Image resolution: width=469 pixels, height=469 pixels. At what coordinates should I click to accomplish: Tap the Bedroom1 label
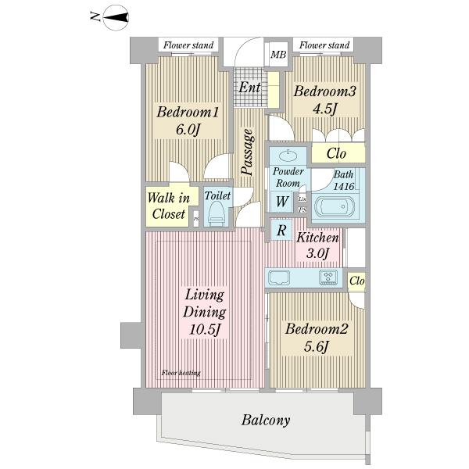point(188,121)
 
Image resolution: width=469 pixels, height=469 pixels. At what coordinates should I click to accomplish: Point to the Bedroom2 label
point(316,338)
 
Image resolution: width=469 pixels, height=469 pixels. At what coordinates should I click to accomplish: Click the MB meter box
point(277,55)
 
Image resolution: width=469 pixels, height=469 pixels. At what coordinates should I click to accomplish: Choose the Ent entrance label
point(249,87)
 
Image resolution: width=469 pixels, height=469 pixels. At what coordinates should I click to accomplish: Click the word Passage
point(247,153)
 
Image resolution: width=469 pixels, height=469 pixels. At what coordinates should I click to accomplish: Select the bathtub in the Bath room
point(335,209)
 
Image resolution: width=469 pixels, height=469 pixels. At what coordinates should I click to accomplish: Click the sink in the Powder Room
point(288,155)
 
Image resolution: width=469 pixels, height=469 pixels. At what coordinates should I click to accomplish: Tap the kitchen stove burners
point(327,277)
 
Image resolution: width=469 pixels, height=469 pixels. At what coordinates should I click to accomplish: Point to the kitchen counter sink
point(280,277)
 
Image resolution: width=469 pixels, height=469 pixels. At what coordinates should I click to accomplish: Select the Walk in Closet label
point(166,206)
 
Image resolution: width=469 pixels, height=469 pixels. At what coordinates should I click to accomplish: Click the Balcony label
point(265,421)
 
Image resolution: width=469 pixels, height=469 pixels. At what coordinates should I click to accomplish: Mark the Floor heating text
point(181,373)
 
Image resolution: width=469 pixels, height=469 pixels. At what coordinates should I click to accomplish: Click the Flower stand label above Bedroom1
point(188,45)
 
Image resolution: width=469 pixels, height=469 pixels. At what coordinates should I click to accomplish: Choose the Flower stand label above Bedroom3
point(324,45)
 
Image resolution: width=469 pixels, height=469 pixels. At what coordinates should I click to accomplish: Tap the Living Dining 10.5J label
point(206,313)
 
